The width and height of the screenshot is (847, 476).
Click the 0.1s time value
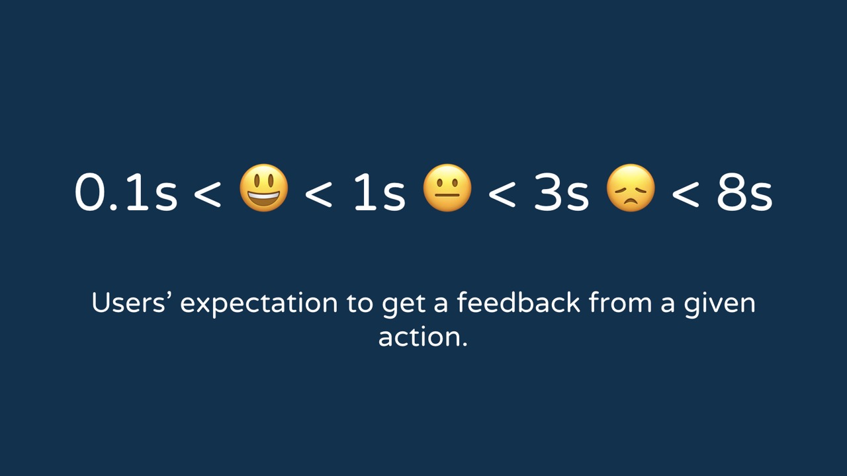[126, 192]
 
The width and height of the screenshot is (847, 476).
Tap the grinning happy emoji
[264, 188]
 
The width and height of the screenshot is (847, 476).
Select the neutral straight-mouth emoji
[447, 188]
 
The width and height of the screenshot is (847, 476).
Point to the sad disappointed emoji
[631, 188]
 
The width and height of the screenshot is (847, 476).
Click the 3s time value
[560, 192]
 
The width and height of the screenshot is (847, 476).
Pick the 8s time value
[744, 192]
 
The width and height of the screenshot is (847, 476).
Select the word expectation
[259, 305]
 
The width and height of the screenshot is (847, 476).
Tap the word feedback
[518, 302]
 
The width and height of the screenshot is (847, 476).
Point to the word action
[423, 337]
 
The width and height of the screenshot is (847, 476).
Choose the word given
[719, 305]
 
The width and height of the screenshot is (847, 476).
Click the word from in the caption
[621, 302]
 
